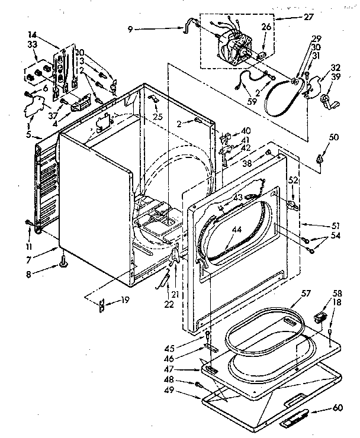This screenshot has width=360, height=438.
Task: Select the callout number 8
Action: tap(44, 274)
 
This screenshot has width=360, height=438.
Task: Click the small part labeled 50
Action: tap(319, 159)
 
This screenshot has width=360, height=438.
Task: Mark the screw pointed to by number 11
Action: tap(28, 223)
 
